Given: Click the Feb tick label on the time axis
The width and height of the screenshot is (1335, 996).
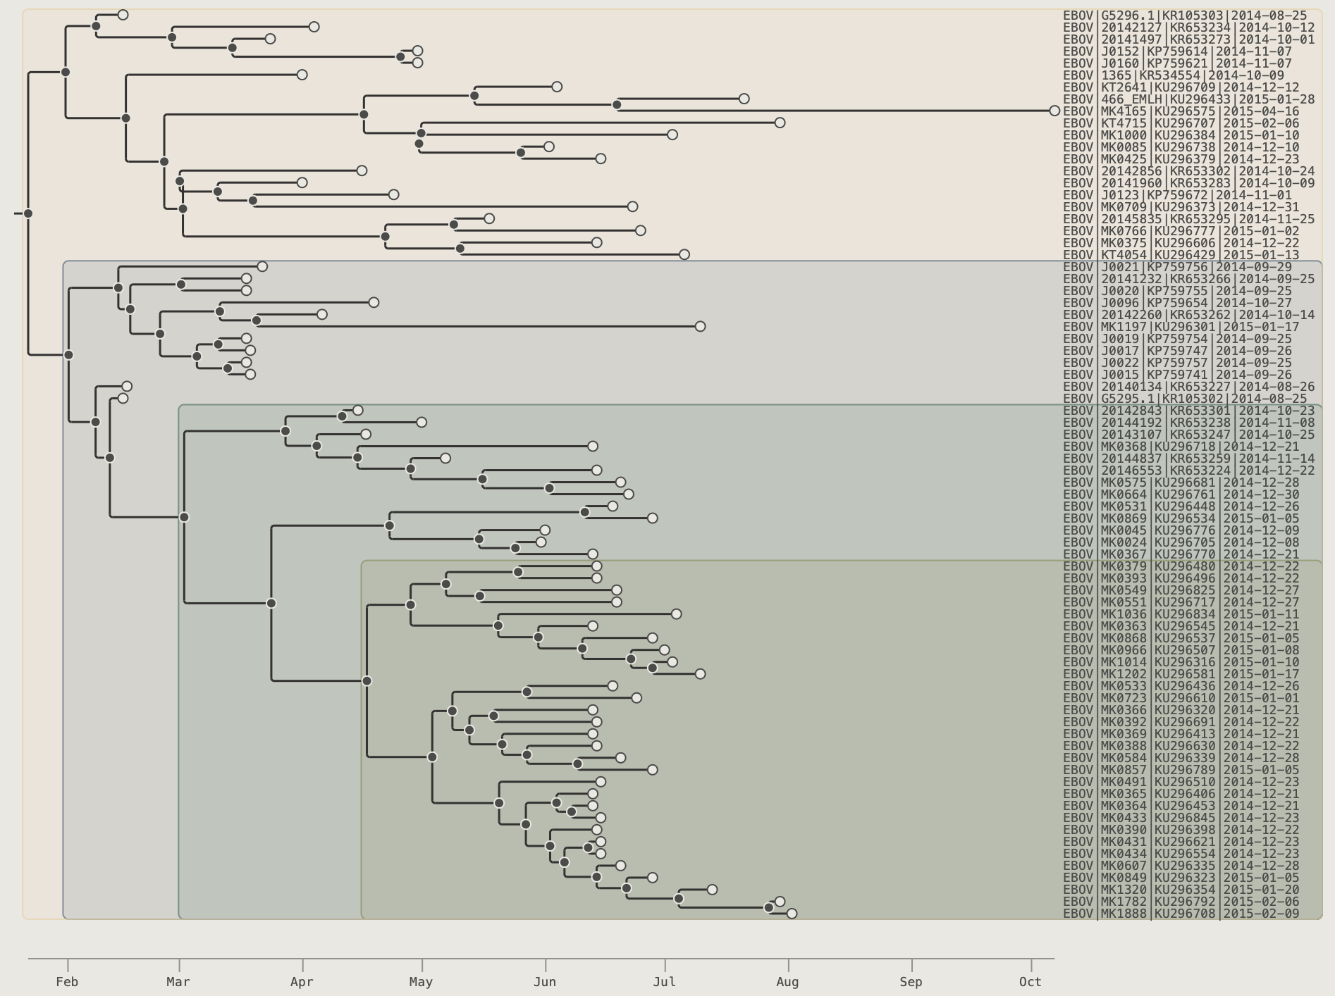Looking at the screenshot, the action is tap(67, 982).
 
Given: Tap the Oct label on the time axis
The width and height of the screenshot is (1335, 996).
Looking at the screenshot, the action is tap(1031, 982).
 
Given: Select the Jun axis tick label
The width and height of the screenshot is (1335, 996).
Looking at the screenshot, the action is tap(545, 982).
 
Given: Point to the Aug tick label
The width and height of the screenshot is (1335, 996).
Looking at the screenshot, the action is tap(787, 982).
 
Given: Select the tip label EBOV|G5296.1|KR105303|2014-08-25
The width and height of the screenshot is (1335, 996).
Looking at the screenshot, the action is tap(1185, 15).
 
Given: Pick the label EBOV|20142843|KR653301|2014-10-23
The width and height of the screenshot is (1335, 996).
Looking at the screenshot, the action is tap(1188, 411).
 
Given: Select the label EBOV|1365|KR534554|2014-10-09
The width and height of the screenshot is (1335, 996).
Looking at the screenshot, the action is tap(1174, 75).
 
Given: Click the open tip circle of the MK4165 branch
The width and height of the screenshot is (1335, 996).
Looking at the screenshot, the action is tap(1054, 111).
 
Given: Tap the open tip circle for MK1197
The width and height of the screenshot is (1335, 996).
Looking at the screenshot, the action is tap(700, 326).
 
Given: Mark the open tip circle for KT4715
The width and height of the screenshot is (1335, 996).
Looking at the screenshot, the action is tap(780, 123).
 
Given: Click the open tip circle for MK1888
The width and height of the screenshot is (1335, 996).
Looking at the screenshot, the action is tap(792, 914).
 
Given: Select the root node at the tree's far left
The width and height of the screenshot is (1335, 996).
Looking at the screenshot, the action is tap(28, 213).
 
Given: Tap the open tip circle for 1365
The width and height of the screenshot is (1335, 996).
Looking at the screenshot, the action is tap(302, 75).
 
